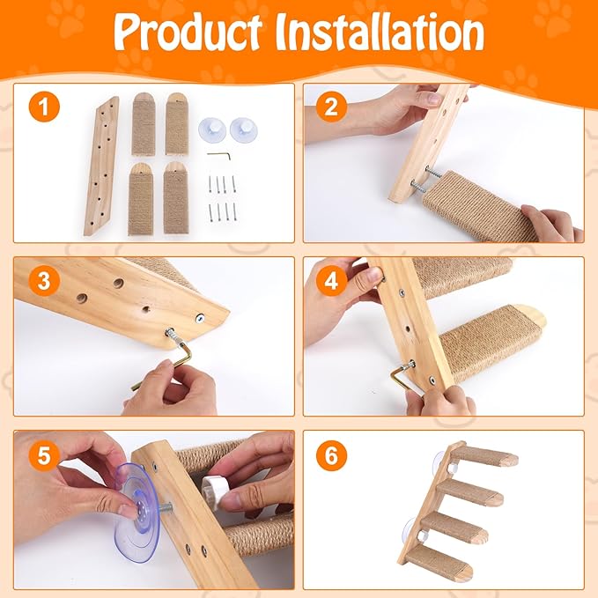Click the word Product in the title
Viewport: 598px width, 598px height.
[x=188, y=33]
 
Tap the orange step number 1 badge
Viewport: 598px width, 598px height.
[x=44, y=110]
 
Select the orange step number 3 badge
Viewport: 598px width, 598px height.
[x=44, y=283]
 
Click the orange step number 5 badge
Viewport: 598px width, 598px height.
[x=44, y=456]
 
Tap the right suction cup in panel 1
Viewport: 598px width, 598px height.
[x=241, y=129]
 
